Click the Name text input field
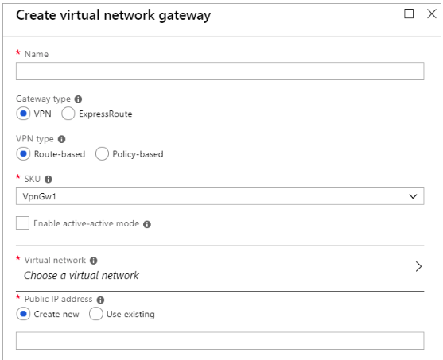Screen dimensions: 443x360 pyautogui.click(x=220, y=72)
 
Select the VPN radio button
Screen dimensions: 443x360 pyautogui.click(x=23, y=114)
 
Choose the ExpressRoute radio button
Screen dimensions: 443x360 pyautogui.click(x=68, y=114)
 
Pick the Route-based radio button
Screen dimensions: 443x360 pyautogui.click(x=23, y=154)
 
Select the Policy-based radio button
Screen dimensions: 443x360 pyautogui.click(x=102, y=154)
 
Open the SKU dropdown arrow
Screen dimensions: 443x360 pyautogui.click(x=413, y=196)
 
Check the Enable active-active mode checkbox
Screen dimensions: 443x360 pyautogui.click(x=22, y=223)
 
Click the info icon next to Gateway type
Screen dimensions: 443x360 pyautogui.click(x=78, y=99)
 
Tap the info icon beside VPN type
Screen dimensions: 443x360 pyautogui.click(x=61, y=139)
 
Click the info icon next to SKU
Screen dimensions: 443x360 pyautogui.click(x=49, y=180)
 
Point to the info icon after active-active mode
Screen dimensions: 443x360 pyautogui.click(x=147, y=224)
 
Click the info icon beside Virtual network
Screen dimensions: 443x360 pyautogui.click(x=94, y=261)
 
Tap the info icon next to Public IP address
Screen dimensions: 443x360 pyautogui.click(x=100, y=300)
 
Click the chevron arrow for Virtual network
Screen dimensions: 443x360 pyautogui.click(x=418, y=266)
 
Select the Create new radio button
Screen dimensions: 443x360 pyautogui.click(x=23, y=314)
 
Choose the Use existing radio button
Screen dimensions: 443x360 pyautogui.click(x=95, y=314)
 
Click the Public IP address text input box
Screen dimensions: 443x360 pyautogui.click(x=220, y=341)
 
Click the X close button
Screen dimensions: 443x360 pyautogui.click(x=432, y=14)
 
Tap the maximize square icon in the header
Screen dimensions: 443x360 pyautogui.click(x=409, y=14)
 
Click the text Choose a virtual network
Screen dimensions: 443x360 pyautogui.click(x=81, y=275)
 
